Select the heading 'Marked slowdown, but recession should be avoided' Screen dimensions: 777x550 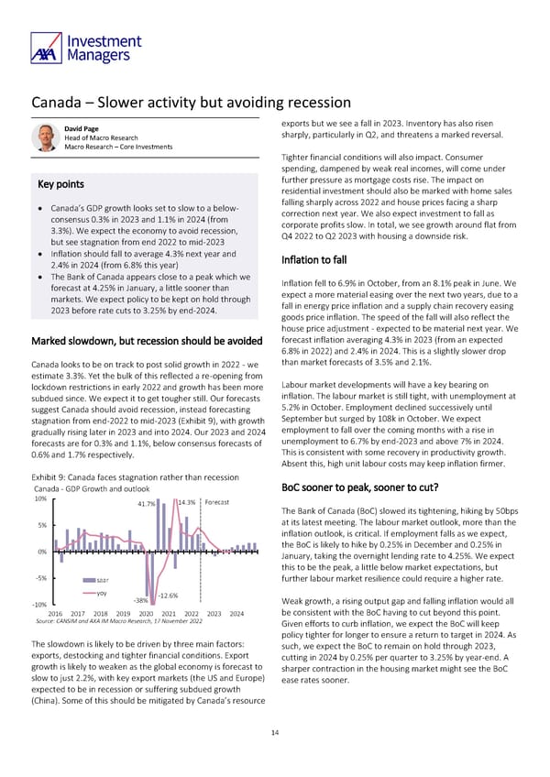click(x=147, y=343)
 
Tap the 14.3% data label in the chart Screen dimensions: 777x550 click(x=187, y=502)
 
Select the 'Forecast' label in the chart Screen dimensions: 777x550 click(x=217, y=502)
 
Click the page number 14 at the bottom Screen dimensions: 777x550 click(x=274, y=732)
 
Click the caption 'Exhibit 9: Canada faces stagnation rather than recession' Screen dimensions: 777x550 click(x=135, y=476)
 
